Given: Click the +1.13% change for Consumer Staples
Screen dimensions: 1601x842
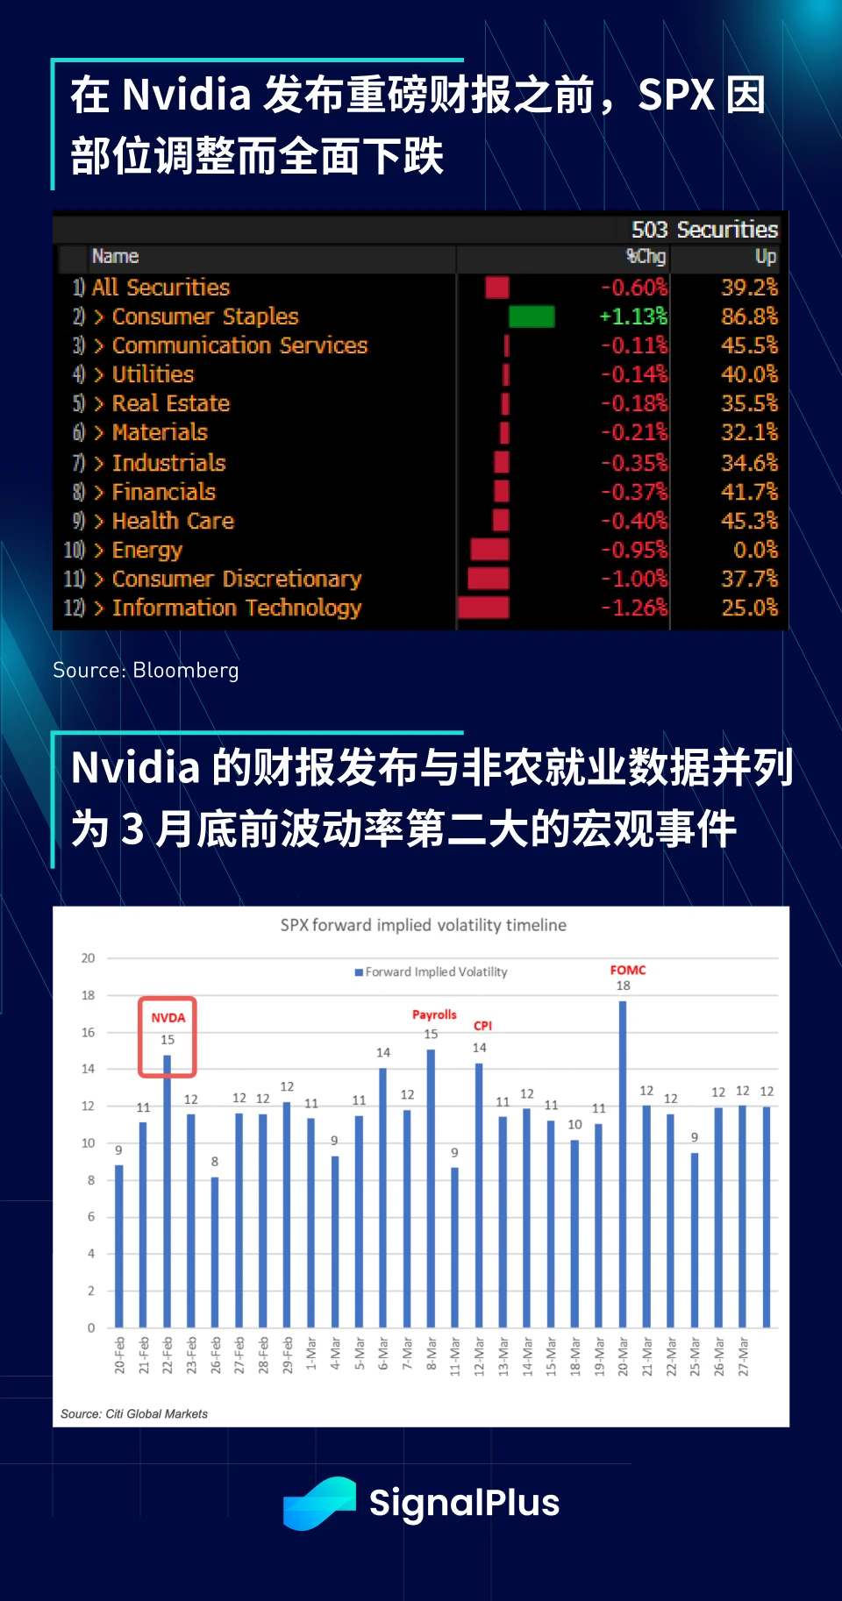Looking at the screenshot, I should [x=632, y=317].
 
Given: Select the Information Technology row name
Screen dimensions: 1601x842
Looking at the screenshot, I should [x=236, y=608].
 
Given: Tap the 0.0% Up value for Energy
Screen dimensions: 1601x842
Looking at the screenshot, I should [x=755, y=550].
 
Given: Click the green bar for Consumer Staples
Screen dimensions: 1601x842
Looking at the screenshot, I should [x=532, y=317].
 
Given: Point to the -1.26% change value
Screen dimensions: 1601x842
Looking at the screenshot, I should [x=633, y=608].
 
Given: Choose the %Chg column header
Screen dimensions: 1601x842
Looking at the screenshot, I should [x=646, y=257].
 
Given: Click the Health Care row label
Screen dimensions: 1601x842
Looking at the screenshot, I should [x=173, y=521].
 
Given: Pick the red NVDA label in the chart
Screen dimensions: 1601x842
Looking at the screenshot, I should [x=168, y=1018].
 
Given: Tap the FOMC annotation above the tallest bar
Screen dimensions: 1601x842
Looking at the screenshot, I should [x=627, y=970].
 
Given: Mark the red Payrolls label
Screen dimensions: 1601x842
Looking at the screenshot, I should [x=434, y=1014].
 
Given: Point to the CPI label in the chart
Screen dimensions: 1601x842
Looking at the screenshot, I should [x=482, y=1026].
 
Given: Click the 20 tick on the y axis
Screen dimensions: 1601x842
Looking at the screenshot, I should [x=89, y=958].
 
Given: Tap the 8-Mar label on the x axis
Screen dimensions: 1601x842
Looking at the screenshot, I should [x=432, y=1356].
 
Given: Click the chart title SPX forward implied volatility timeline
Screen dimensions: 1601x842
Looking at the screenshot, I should [x=423, y=925].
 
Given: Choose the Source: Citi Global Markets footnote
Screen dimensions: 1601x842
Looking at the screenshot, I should [x=134, y=1413].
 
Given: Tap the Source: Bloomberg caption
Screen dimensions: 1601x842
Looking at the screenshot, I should [x=146, y=671].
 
